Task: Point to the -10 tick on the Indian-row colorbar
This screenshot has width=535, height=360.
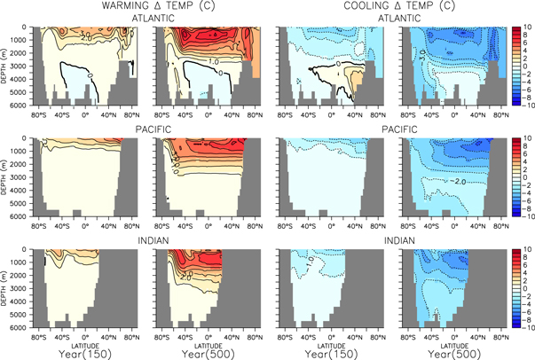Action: pos(527,327)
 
